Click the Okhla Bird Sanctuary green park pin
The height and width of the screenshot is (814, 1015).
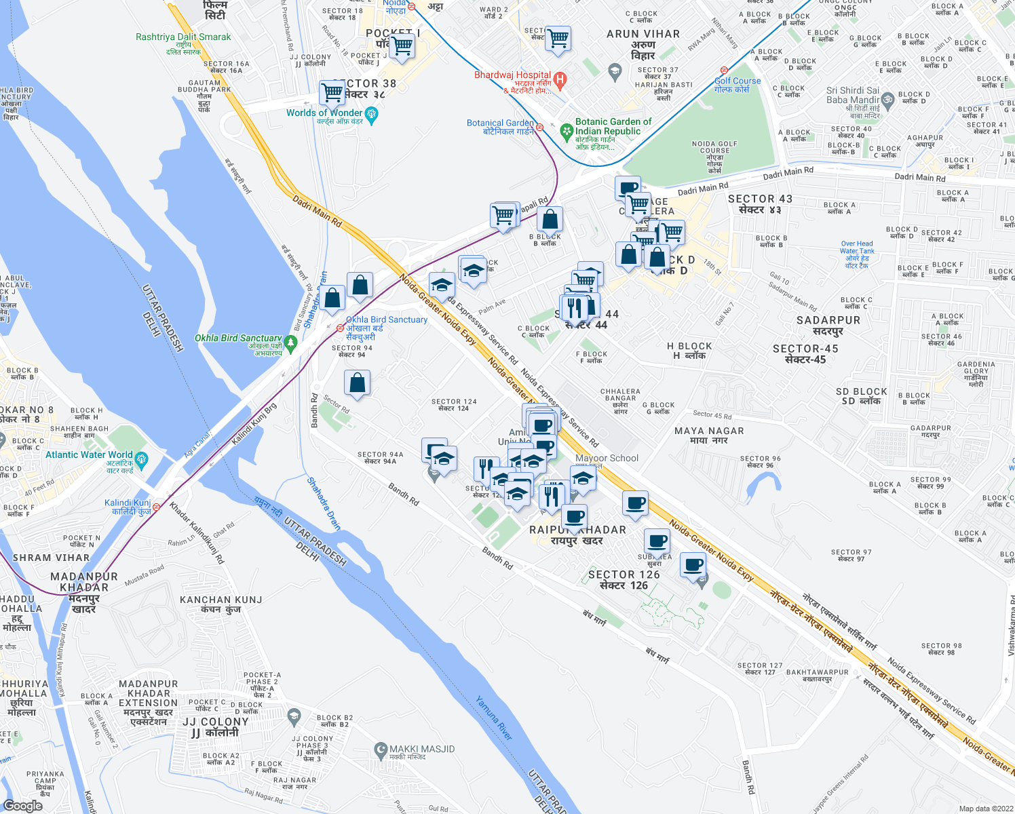pos(291,344)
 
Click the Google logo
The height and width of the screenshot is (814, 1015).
pos(23,805)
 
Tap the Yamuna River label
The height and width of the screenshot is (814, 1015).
pos(493,718)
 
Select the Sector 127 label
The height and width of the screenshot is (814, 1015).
pos(759,669)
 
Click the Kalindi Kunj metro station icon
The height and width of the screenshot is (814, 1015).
pos(157,507)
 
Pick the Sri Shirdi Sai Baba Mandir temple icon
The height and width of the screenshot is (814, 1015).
pos(889,100)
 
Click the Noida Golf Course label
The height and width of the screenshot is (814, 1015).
pos(714,157)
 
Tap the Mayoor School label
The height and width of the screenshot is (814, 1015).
pos(607,459)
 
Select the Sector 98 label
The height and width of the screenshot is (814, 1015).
pos(941,648)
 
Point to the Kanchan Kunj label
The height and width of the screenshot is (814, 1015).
pos(221,604)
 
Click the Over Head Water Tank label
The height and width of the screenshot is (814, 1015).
pos(857,254)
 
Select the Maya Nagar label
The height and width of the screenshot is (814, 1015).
pos(709,435)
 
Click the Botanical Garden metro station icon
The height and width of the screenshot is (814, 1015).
pos(539,127)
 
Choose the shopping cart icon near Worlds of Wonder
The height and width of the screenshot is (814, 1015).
pos(332,92)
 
